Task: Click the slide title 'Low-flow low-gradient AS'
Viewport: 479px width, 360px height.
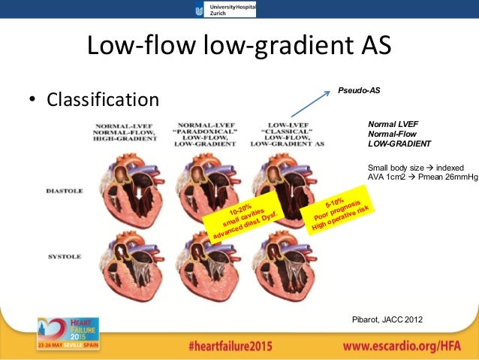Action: coord(239,47)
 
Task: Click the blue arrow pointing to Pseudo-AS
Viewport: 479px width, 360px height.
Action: coord(309,104)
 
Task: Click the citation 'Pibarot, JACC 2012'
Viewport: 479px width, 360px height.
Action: coord(387,319)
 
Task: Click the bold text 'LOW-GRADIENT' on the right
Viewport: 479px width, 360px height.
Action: coord(399,143)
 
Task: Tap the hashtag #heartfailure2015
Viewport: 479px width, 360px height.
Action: coord(230,346)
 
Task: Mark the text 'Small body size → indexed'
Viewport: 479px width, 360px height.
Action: coord(415,167)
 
